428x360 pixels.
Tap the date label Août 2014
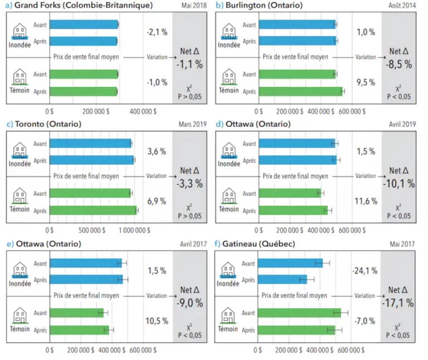[x=402, y=5]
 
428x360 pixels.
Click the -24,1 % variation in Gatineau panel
[x=365, y=271]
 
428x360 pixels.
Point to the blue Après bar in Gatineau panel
[x=282, y=279]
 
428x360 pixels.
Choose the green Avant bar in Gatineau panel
[x=299, y=313]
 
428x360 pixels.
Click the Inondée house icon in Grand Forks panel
[x=20, y=31]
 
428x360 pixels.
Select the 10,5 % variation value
[x=157, y=320]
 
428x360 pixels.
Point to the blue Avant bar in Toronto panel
[x=90, y=144]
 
